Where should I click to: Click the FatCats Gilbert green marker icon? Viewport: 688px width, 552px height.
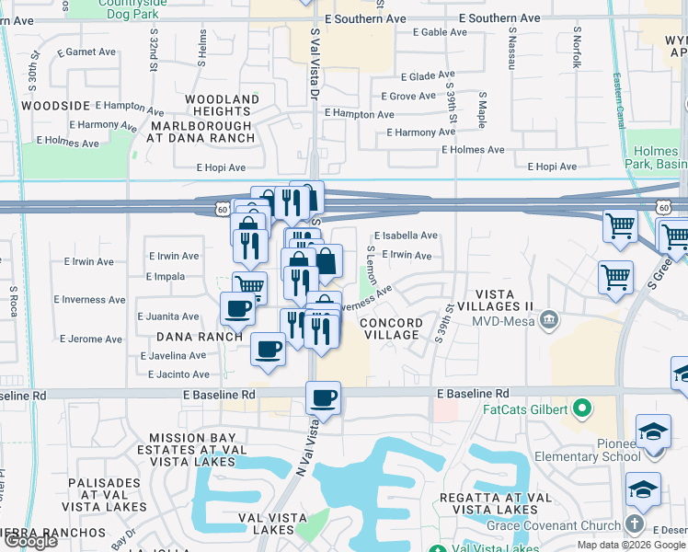click(x=581, y=408)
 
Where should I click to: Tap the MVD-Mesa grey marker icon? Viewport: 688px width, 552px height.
click(x=549, y=320)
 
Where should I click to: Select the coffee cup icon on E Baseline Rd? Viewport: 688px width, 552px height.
click(x=323, y=398)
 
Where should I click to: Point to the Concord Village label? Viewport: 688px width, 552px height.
click(x=391, y=329)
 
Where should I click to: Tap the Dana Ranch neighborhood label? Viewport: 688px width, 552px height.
click(x=198, y=337)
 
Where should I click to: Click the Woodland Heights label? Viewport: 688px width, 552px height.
click(x=223, y=105)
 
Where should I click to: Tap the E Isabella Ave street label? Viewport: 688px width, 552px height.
click(x=405, y=236)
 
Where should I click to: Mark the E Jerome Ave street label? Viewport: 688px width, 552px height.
click(x=92, y=339)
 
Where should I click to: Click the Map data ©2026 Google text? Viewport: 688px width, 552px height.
click(x=632, y=546)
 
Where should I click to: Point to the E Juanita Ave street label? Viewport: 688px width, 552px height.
click(x=167, y=316)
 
